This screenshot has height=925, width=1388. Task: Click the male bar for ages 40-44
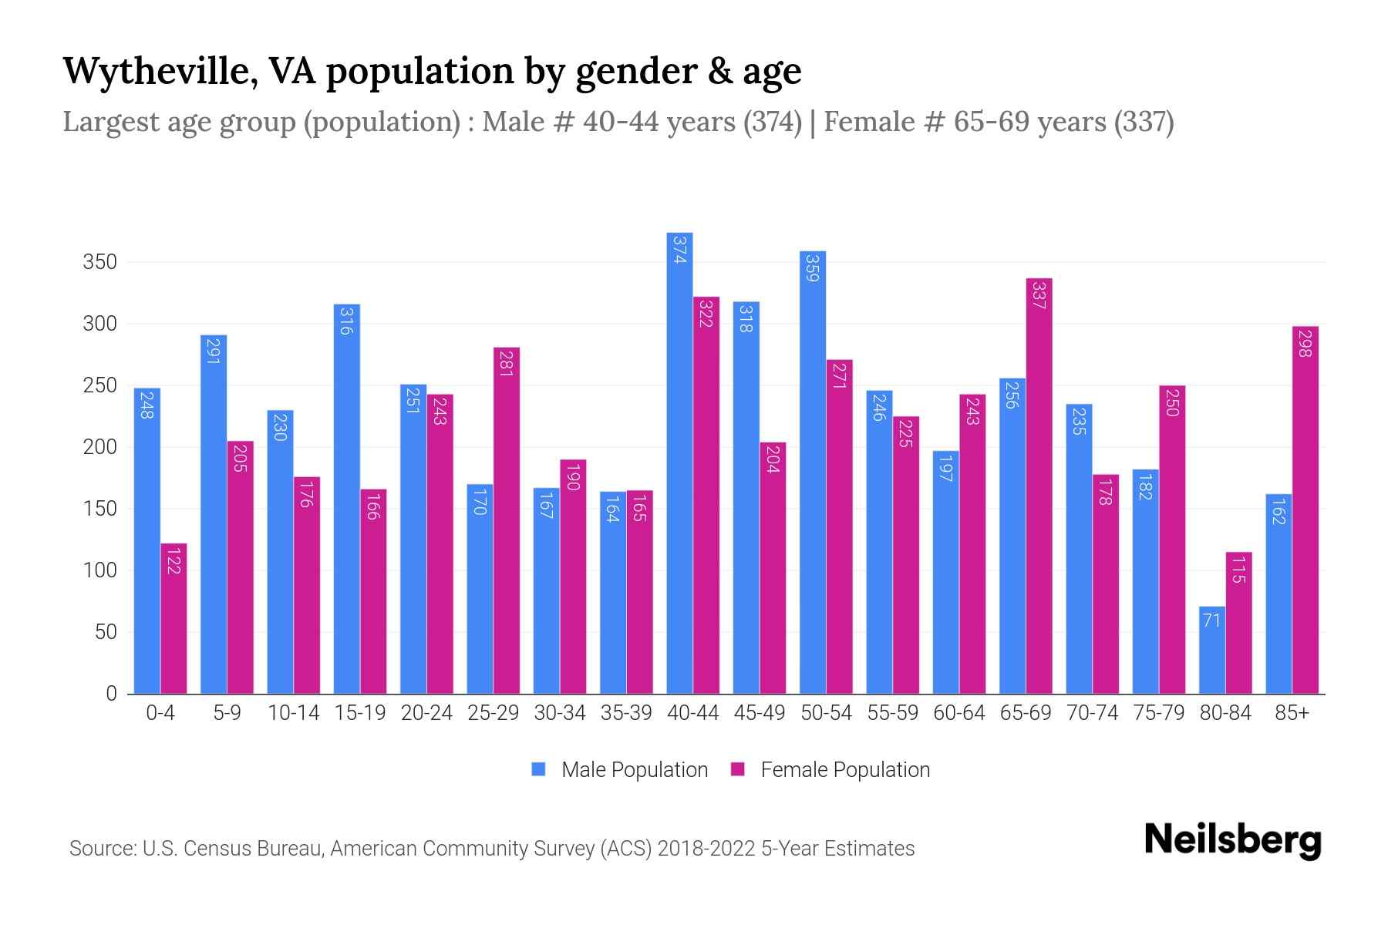[679, 462]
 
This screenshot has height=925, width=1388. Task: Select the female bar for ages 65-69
[1039, 486]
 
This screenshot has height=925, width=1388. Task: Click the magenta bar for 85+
[1305, 510]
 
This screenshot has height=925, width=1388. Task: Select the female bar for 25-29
[507, 520]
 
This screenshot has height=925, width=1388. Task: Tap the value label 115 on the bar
[1238, 570]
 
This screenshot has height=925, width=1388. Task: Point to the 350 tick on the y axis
[100, 262]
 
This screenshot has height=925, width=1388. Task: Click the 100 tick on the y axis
[100, 570]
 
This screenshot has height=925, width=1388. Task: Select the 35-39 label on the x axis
[626, 713]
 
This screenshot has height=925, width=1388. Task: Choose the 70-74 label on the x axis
[1092, 713]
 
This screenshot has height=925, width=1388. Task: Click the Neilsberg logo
[1232, 840]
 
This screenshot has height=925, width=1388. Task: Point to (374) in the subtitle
[773, 122]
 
